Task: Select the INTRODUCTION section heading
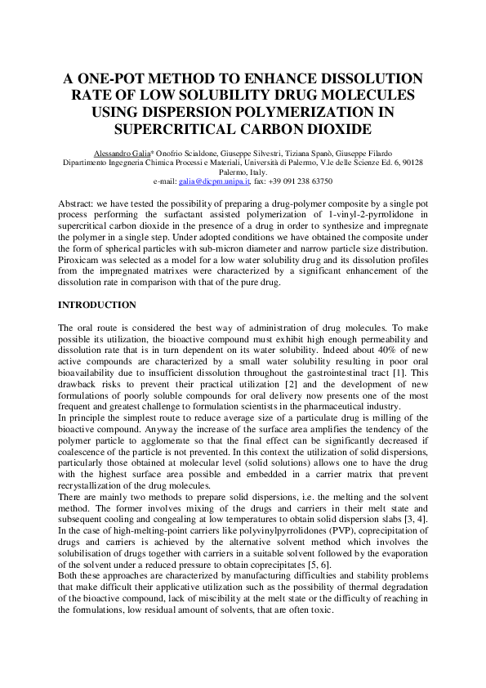coord(96,305)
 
